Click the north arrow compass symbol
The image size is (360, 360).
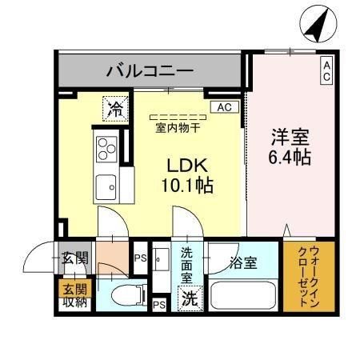pyautogui.click(x=318, y=24)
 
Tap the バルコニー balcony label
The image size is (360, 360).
pyautogui.click(x=150, y=71)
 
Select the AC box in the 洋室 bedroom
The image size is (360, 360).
pyautogui.click(x=326, y=70)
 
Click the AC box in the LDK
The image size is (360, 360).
pyautogui.click(x=225, y=107)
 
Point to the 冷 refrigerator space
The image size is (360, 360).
pyautogui.click(x=115, y=109)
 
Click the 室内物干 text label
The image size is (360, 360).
pyautogui.click(x=178, y=129)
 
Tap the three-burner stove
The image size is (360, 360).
pyautogui.click(x=106, y=149)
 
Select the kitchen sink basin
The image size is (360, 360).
pyautogui.click(x=106, y=187)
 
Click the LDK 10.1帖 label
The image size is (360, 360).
pyautogui.click(x=187, y=175)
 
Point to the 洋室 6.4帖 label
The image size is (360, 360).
pyautogui.click(x=290, y=147)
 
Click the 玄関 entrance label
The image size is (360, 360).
pyautogui.click(x=75, y=258)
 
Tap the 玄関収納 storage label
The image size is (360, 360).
pyautogui.click(x=75, y=295)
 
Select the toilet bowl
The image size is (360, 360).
pyautogui.click(x=128, y=295)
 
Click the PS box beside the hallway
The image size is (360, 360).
pyautogui.click(x=140, y=258)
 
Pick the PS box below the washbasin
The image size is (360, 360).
pyautogui.click(x=159, y=305)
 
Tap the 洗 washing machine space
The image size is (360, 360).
pyautogui.click(x=190, y=298)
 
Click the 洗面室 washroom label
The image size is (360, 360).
pyautogui.click(x=186, y=266)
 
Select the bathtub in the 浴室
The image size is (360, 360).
pyautogui.click(x=243, y=295)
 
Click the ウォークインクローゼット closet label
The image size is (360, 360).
pyautogui.click(x=309, y=276)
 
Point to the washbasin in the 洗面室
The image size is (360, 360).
pyautogui.click(x=161, y=259)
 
